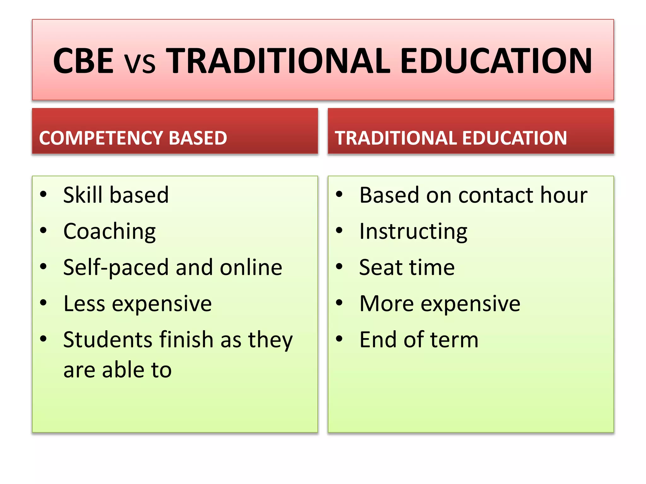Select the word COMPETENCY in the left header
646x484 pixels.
[x=100, y=138]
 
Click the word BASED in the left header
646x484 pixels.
[x=198, y=138]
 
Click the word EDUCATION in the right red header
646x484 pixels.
[x=514, y=138]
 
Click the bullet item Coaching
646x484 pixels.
[x=109, y=232]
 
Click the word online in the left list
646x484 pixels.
[x=251, y=267]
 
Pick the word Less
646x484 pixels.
[x=84, y=303]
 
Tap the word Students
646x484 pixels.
[x=108, y=340]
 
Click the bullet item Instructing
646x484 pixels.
[x=413, y=232]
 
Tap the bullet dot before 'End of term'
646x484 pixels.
[x=339, y=339]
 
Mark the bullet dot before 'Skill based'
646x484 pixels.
[x=43, y=194]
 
